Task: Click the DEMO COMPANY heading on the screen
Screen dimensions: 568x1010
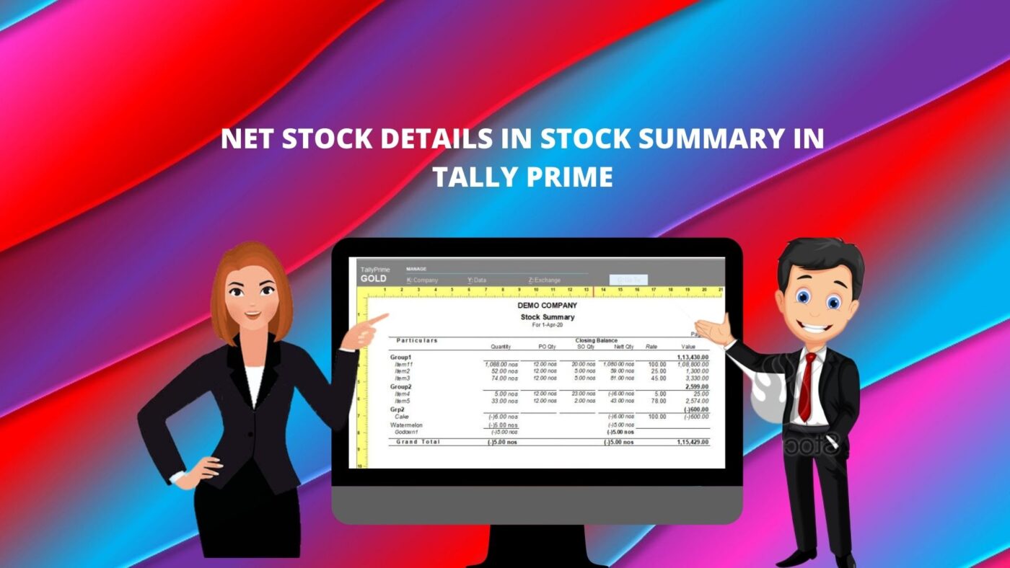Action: click(547, 306)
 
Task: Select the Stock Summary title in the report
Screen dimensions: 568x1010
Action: click(547, 316)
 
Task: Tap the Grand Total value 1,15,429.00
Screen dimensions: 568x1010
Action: click(693, 442)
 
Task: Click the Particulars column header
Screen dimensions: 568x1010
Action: click(417, 340)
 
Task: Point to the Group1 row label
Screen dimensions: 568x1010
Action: click(400, 358)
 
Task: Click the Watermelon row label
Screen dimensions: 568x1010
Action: click(406, 425)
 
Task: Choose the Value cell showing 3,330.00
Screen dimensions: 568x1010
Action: click(695, 378)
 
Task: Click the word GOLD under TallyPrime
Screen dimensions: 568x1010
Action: click(373, 279)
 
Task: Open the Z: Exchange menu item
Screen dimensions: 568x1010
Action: click(544, 280)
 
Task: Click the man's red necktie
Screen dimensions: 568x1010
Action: click(805, 386)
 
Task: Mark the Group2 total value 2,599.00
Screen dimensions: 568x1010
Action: click(694, 386)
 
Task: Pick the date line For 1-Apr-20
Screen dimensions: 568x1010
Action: click(547, 325)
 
